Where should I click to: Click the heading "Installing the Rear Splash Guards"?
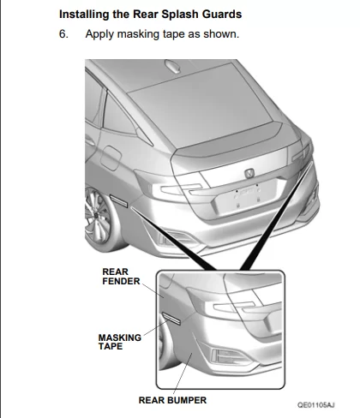[150, 15]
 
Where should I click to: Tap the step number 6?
[63, 34]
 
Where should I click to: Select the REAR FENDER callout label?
[121, 277]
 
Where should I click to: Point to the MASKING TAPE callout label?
[120, 342]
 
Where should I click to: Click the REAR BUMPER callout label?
[172, 400]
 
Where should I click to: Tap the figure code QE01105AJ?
[316, 405]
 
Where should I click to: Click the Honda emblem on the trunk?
[249, 173]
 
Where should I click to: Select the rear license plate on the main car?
[246, 197]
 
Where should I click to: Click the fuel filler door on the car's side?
[111, 158]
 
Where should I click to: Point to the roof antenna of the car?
[174, 67]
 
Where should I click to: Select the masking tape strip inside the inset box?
[171, 319]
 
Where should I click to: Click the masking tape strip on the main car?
[119, 200]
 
